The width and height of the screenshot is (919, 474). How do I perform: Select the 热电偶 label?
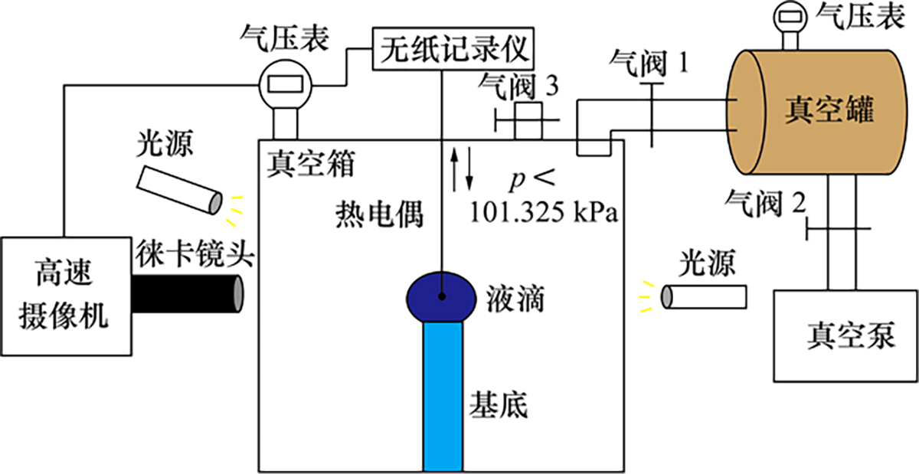378,215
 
